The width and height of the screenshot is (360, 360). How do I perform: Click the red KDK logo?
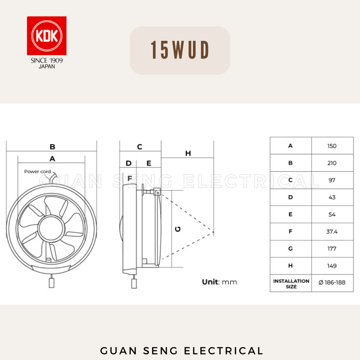tap(47, 36)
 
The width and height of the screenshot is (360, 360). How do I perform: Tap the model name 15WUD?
tap(180, 51)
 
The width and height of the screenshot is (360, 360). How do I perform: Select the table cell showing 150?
tap(332, 146)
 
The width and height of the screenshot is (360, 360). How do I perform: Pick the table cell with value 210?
tap(332, 163)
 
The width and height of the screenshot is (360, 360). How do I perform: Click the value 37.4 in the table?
tap(332, 232)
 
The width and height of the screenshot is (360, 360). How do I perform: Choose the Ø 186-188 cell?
tap(332, 283)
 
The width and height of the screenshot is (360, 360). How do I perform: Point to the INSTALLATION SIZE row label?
tap(291, 284)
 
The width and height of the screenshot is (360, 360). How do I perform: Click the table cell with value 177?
tap(332, 249)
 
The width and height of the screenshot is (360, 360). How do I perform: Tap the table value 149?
tap(332, 266)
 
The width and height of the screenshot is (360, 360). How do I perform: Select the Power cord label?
tap(38, 172)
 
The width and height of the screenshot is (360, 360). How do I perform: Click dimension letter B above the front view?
tap(52, 147)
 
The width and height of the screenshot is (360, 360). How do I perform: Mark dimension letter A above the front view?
tap(52, 159)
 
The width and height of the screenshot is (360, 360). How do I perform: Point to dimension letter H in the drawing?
tap(188, 153)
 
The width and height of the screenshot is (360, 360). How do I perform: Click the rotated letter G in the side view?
tap(178, 229)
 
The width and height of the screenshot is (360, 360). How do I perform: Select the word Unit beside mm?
tap(210, 282)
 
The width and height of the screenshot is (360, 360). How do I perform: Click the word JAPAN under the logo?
tap(47, 66)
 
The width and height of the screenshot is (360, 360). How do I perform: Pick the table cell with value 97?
tap(332, 180)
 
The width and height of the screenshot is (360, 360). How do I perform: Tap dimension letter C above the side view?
tap(140, 147)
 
